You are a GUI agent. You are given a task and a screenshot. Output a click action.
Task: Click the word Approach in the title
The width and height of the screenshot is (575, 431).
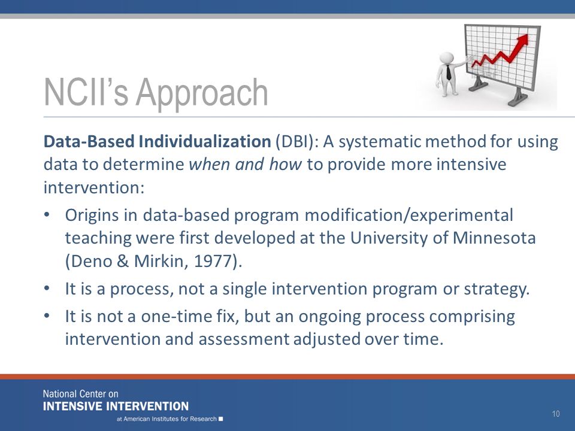coord(202,93)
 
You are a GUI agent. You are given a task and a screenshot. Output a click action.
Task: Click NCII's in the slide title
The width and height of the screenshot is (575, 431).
coord(86,92)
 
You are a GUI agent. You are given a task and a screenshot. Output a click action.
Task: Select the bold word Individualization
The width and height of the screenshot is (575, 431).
coord(205,141)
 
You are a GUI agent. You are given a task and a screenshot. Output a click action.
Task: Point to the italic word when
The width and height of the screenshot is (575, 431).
coord(209,164)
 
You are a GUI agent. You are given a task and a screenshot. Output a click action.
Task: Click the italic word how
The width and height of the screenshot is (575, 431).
coord(285,164)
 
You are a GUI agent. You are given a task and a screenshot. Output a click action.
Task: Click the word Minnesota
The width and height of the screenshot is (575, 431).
coord(494,238)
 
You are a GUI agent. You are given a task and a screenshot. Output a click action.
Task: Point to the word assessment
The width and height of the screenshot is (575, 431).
coord(244,339)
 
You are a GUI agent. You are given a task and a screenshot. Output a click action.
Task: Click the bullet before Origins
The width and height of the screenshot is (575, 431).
coord(46,215)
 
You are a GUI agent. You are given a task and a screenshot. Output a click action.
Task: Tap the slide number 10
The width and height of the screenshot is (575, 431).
coord(556,414)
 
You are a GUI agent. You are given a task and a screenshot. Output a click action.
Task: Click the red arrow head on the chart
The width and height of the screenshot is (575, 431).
coord(522,40)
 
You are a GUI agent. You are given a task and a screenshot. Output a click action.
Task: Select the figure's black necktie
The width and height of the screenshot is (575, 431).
coord(449,72)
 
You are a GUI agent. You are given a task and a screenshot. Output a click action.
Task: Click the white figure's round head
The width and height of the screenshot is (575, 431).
coord(447,58)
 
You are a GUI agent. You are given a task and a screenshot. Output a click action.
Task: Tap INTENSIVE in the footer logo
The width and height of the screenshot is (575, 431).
coord(72,406)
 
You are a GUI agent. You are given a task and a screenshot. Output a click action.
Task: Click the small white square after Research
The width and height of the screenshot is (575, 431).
coord(221,418)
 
